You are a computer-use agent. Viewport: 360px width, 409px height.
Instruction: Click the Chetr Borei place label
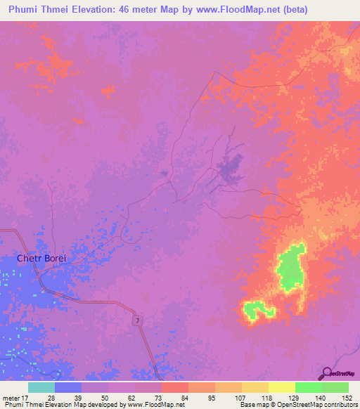[41, 259]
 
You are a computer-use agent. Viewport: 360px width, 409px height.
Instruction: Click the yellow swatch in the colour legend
[281, 387]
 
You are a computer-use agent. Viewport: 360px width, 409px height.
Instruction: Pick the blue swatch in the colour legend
[67, 387]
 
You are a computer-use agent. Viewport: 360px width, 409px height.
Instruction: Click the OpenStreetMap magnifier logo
[326, 373]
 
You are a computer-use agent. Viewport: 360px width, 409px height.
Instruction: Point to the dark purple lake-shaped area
[226, 169]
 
